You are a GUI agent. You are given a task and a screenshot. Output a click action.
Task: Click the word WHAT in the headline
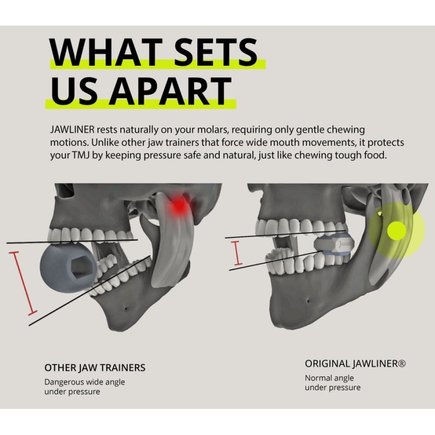(105, 52)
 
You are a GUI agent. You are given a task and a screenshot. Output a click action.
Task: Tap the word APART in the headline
(170, 91)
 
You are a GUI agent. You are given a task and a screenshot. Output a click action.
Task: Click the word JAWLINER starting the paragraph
(72, 129)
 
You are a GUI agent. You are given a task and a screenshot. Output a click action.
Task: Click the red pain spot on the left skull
(179, 206)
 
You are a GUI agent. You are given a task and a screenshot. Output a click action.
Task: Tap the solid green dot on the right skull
(396, 231)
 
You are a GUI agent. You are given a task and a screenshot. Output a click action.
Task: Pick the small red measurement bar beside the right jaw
(237, 253)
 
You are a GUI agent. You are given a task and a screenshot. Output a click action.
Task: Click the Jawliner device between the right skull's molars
(334, 244)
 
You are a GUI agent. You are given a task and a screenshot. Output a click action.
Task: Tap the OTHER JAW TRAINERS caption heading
(95, 368)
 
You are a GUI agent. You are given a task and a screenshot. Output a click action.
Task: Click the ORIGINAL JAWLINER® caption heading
(355, 363)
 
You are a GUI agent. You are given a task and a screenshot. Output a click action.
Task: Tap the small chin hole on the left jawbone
(126, 308)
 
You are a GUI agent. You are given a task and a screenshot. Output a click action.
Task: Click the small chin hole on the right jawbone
(307, 300)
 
